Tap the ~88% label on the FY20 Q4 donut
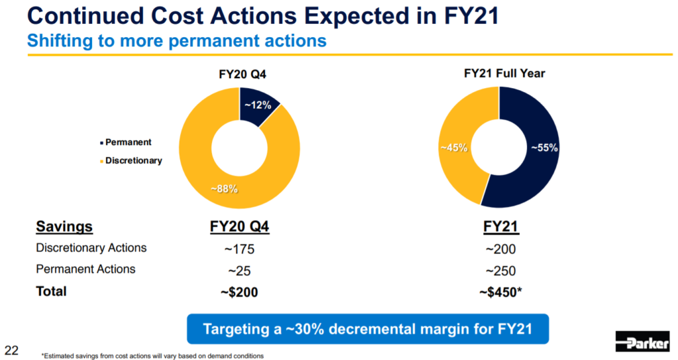[224, 189]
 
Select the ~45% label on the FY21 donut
[454, 148]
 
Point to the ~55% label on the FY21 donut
[544, 148]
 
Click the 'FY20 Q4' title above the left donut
[238, 74]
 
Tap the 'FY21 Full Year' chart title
[505, 73]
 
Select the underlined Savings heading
[64, 227]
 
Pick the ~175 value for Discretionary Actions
[238, 249]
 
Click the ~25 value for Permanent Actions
[238, 271]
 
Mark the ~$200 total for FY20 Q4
[238, 292]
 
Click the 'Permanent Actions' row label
[85, 269]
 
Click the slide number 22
[12, 349]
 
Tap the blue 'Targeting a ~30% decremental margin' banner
[368, 328]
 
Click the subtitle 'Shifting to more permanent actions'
[177, 40]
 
